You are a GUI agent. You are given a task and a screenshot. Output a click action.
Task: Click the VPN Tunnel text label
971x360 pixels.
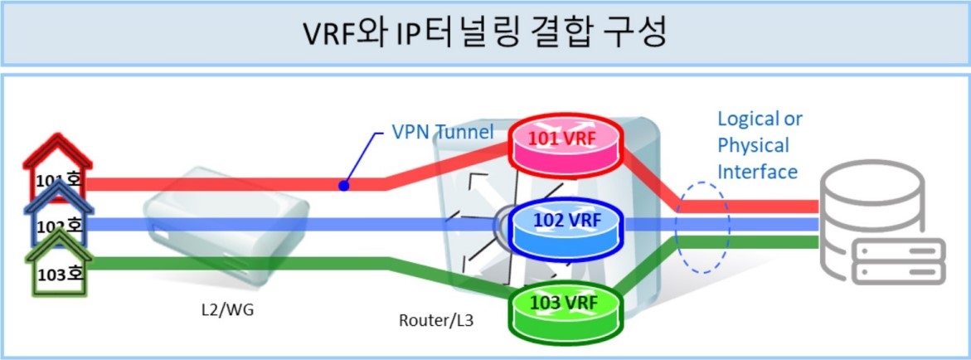[443, 133]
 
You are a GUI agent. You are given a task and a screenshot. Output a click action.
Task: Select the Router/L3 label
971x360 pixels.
[432, 319]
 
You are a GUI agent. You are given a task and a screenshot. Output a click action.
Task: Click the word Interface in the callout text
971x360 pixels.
[757, 172]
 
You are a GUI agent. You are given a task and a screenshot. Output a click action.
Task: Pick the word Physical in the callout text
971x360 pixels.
[753, 145]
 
